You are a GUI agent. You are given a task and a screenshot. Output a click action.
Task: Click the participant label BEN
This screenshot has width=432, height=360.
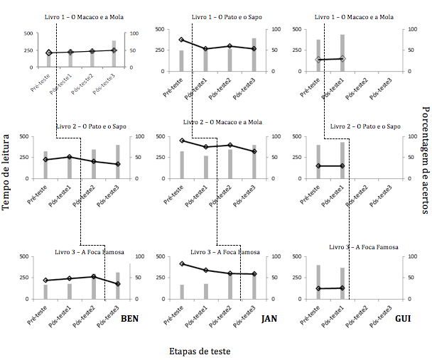(129, 318)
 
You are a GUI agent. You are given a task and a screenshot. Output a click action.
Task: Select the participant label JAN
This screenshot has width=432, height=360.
(269, 318)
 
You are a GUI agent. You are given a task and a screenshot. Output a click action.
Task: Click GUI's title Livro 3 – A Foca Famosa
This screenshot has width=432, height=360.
(363, 247)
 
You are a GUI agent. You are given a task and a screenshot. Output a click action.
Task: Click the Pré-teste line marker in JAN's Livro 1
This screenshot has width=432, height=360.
(181, 40)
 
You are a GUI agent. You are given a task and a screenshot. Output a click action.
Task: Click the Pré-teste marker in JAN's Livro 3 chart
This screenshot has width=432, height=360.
(181, 264)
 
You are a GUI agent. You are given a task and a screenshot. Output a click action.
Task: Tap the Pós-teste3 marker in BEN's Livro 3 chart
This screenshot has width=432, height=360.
(118, 284)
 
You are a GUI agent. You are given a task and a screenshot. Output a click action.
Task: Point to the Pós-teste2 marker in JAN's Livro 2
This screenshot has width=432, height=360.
(229, 145)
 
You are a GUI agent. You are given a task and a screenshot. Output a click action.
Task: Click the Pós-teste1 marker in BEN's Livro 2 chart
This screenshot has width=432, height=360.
(70, 157)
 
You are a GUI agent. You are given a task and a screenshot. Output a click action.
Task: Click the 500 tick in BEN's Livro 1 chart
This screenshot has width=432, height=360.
(29, 33)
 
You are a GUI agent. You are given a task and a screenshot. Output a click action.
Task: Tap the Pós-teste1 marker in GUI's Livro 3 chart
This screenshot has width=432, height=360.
(342, 288)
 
